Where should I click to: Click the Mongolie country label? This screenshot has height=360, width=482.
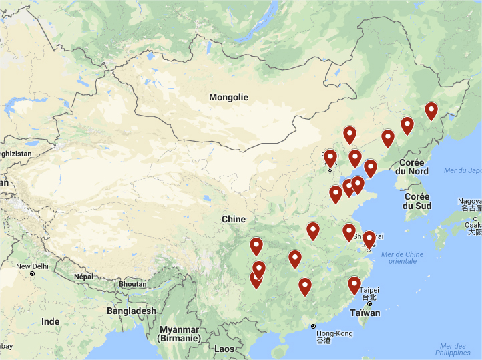pyautogui.click(x=228, y=97)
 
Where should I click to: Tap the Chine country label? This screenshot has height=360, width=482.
pyautogui.click(x=234, y=219)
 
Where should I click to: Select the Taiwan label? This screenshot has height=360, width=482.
pyautogui.click(x=365, y=313)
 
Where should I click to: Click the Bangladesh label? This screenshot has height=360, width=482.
pyautogui.click(x=131, y=311)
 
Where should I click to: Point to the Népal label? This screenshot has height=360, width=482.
pyautogui.click(x=83, y=276)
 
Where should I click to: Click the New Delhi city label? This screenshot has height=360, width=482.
pyautogui.click(x=33, y=266)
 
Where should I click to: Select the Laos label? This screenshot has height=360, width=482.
pyautogui.click(x=225, y=349)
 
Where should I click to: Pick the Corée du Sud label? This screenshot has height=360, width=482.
pyautogui.click(x=417, y=201)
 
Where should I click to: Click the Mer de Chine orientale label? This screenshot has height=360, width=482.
pyautogui.click(x=402, y=257)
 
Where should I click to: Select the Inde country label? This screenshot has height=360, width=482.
pyautogui.click(x=50, y=321)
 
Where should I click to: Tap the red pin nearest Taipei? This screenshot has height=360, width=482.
pyautogui.click(x=354, y=285)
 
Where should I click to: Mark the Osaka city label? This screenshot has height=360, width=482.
pyautogui.click(x=473, y=225)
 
